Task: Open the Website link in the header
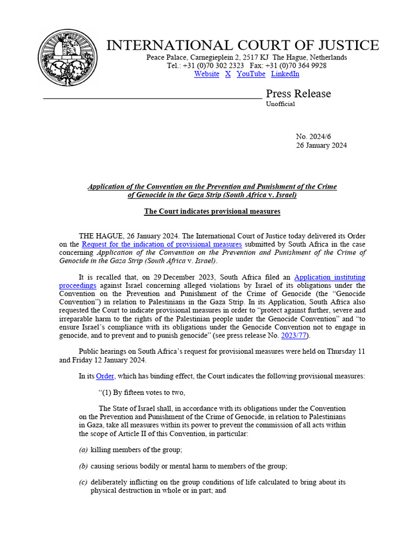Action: [206, 74]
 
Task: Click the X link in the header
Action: [228, 74]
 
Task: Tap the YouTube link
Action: [251, 74]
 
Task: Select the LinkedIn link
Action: [285, 74]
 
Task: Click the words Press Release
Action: [298, 94]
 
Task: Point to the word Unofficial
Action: [280, 104]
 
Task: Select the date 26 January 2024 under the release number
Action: [321, 146]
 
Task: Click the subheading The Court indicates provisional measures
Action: [212, 211]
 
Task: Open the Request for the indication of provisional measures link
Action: [162, 245]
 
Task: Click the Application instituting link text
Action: [330, 278]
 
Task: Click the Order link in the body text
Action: [105, 376]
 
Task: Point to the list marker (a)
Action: [83, 450]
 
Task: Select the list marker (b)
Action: [83, 466]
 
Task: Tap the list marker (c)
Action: [83, 482]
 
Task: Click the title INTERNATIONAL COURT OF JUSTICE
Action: [243, 45]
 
